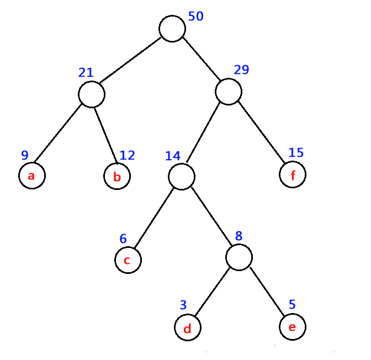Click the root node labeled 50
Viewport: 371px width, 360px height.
(172, 29)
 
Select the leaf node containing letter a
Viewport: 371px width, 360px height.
(32, 176)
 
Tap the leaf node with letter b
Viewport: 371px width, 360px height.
(117, 176)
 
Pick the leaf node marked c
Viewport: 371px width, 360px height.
(128, 260)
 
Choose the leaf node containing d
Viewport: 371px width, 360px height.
(188, 327)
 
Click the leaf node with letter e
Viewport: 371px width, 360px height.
(293, 327)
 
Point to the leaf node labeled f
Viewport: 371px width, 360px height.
(293, 174)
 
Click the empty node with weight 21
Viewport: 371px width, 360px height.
(92, 94)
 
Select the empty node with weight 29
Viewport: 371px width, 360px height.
(229, 92)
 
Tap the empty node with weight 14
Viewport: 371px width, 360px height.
(182, 177)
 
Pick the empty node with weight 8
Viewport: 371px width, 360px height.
(239, 257)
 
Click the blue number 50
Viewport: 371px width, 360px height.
(195, 16)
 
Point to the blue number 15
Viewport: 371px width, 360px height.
(296, 152)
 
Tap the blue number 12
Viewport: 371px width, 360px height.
(127, 155)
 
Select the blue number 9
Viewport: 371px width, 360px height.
(25, 155)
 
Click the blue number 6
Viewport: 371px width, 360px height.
(123, 239)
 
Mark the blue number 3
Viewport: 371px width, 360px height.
(183, 305)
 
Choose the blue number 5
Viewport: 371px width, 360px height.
(292, 304)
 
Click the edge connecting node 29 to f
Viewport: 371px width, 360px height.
(261, 132)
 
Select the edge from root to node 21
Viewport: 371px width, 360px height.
(130, 60)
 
